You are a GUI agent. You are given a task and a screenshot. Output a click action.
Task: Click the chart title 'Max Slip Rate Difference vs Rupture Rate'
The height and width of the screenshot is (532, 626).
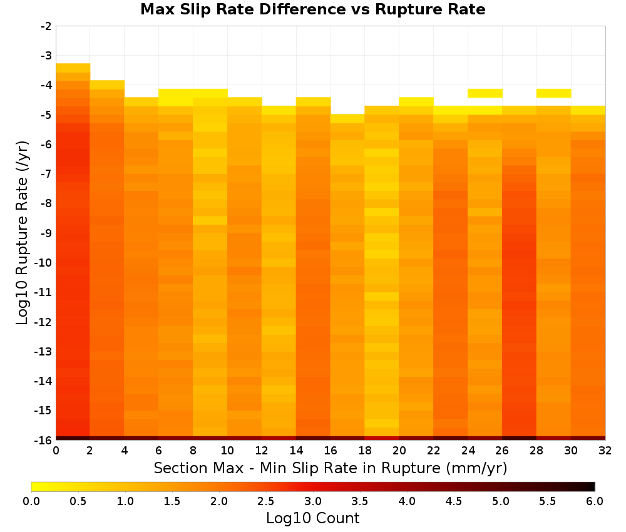click(312, 9)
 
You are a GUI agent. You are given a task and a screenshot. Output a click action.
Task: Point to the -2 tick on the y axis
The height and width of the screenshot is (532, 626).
click(46, 26)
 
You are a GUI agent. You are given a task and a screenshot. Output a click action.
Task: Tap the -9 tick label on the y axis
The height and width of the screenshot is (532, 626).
click(46, 233)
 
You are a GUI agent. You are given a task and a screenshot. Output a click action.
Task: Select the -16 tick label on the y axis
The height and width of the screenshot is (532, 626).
click(44, 440)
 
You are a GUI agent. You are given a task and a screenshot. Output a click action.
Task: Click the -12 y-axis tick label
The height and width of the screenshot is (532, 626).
click(44, 322)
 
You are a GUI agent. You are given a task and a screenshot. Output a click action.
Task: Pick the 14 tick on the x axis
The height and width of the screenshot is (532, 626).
click(296, 451)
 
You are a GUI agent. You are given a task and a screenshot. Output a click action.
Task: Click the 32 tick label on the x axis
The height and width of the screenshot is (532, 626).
click(605, 451)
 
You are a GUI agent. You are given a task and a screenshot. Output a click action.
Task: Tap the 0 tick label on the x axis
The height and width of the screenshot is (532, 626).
click(56, 451)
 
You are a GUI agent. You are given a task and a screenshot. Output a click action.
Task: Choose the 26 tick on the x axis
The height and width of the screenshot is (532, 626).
click(502, 451)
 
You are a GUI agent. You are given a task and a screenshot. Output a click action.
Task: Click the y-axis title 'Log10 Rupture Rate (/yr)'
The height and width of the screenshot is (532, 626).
click(22, 233)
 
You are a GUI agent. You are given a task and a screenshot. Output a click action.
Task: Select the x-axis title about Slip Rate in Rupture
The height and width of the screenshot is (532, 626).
click(331, 468)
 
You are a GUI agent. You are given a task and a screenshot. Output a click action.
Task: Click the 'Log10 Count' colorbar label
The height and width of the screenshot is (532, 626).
click(312, 518)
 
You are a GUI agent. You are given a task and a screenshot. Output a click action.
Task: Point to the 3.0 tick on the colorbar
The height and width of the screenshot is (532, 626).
click(312, 501)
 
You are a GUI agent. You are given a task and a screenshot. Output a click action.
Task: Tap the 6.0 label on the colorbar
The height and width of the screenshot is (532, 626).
click(595, 501)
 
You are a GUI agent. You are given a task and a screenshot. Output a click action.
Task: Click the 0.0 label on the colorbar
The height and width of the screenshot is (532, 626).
click(31, 501)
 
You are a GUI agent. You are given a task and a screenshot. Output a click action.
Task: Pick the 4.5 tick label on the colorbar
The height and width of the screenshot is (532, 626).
click(453, 501)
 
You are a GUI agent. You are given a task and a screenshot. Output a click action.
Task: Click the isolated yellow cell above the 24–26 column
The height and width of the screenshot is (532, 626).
click(485, 93)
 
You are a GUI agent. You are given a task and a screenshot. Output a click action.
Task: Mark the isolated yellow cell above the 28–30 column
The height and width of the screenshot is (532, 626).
click(553, 93)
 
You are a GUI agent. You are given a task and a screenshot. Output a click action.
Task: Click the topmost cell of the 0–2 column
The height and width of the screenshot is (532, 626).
click(73, 68)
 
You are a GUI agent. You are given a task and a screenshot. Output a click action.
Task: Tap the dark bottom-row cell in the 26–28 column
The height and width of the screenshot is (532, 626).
click(519, 438)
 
